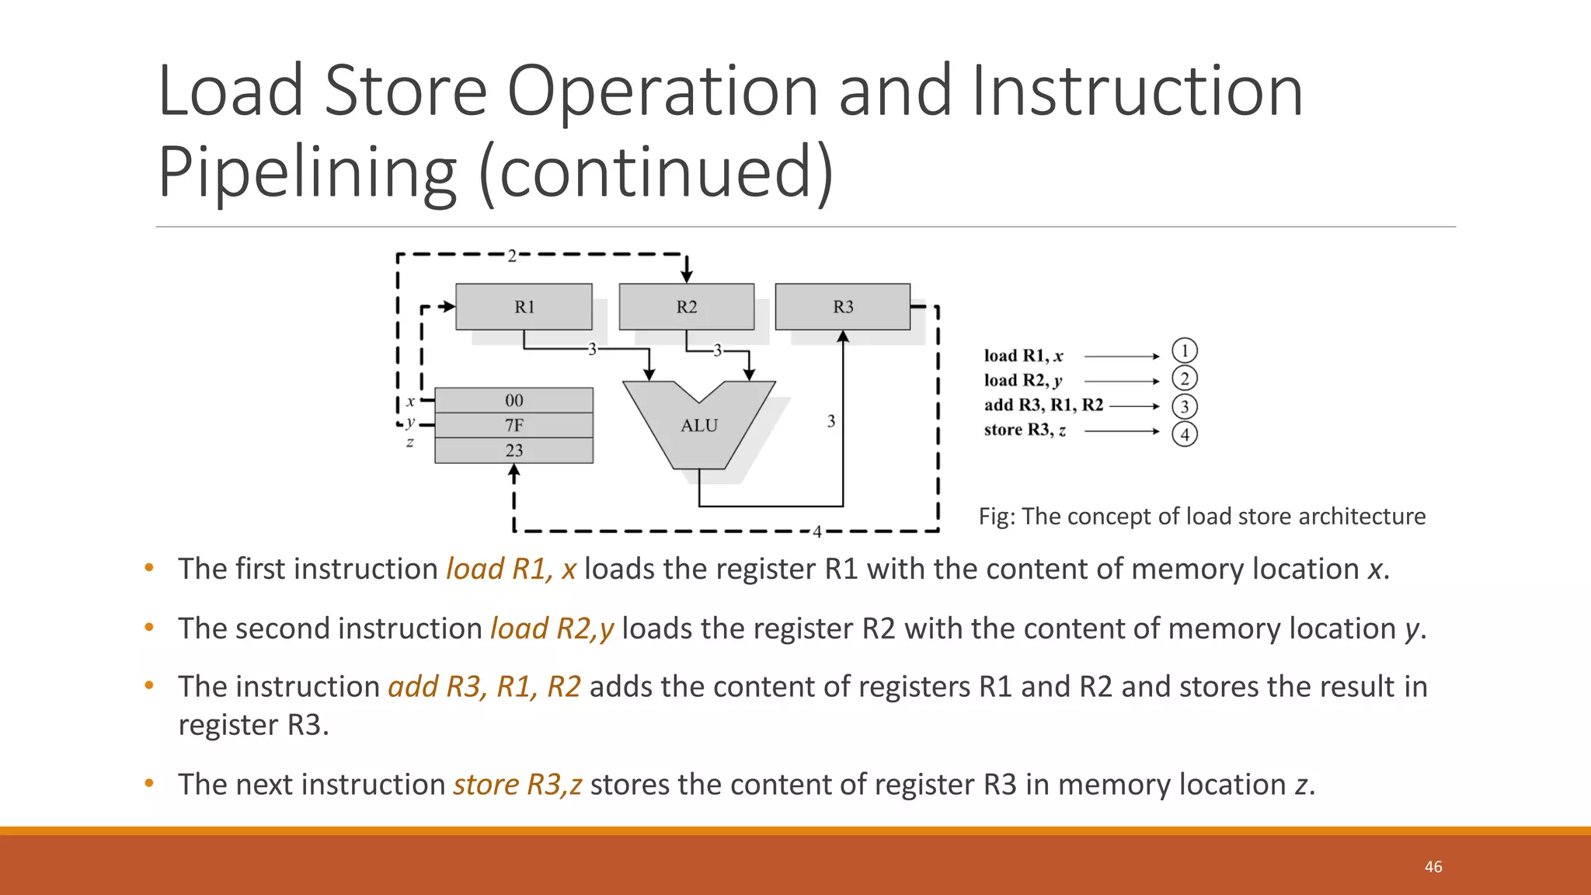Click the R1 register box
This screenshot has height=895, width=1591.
[x=524, y=307]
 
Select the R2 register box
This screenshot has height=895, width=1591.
[x=686, y=307]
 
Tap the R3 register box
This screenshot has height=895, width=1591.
[x=843, y=307]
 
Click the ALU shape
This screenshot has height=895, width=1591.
[x=699, y=426]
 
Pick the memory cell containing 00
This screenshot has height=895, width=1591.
[x=514, y=400]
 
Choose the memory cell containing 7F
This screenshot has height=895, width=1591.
[x=514, y=425]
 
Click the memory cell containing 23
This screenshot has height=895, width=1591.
[x=514, y=450]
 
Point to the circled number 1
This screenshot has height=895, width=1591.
[x=1184, y=351]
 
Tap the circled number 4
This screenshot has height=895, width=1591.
[x=1184, y=434]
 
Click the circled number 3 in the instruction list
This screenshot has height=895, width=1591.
[x=1184, y=406]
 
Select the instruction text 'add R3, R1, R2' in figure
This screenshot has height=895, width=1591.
[x=1043, y=405]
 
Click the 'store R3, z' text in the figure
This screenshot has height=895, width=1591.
[x=1025, y=430]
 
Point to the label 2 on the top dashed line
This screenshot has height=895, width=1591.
[x=512, y=256]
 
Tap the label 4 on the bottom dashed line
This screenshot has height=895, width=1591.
[x=816, y=532]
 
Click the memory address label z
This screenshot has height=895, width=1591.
[x=409, y=442]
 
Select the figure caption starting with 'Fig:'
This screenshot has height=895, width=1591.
[x=1201, y=516]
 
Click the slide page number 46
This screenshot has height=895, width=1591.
[x=1433, y=866]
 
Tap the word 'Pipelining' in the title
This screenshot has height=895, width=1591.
[x=307, y=172]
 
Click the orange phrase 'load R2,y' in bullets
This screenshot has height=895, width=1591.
[x=552, y=628]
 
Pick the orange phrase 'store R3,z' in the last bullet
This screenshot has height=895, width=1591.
[x=517, y=784]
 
